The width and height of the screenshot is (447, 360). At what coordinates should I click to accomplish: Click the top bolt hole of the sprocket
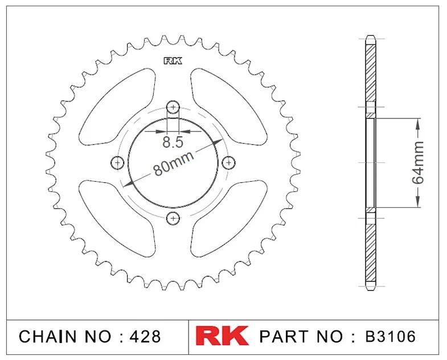173,107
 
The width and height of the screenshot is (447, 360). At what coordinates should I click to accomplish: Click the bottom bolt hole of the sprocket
173,219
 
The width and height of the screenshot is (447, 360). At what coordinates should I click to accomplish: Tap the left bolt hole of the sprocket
117,162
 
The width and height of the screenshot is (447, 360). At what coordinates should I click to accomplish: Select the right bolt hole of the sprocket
229,162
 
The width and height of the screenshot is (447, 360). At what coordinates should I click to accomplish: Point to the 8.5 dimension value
173,142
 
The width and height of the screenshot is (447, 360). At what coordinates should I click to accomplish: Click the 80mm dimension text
174,163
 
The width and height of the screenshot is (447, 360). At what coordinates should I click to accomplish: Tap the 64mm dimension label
418,162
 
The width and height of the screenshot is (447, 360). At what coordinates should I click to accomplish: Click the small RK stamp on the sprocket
173,61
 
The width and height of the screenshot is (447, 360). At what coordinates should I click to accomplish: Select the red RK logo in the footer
222,336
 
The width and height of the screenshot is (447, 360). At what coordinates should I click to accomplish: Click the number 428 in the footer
145,336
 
